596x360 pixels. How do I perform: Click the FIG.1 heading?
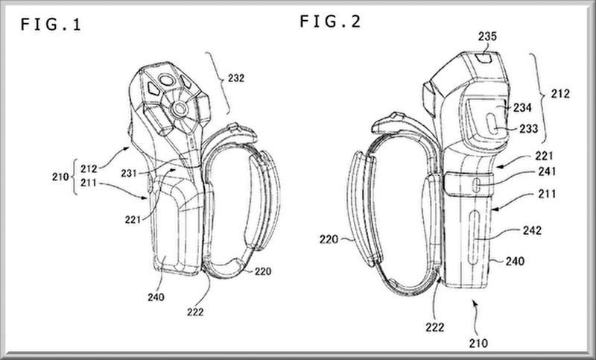51,25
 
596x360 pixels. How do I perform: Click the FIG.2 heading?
330,21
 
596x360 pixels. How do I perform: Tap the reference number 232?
236,78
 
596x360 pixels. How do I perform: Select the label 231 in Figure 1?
129,174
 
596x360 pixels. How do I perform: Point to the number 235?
487,37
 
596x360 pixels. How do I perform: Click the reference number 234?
522,108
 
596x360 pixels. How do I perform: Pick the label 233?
529,128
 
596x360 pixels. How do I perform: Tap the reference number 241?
547,172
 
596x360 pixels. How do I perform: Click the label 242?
532,230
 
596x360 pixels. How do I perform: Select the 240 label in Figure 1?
156,297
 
